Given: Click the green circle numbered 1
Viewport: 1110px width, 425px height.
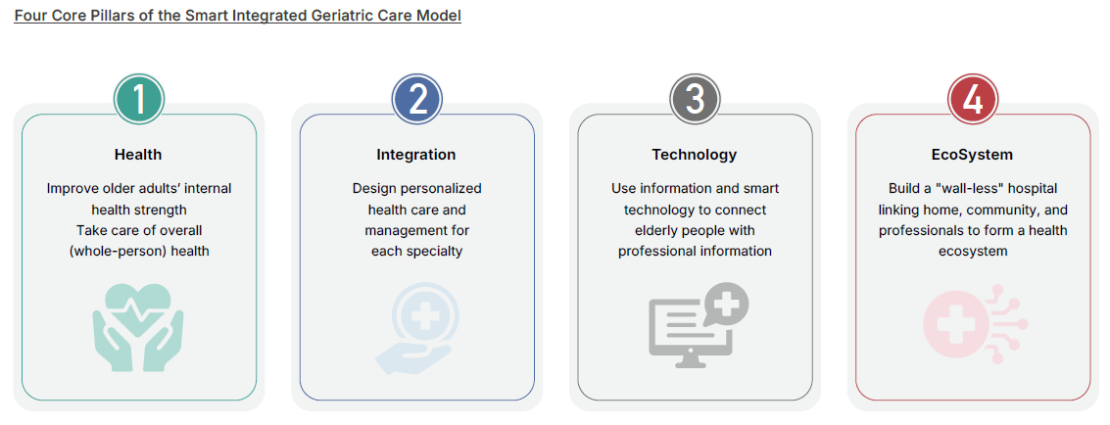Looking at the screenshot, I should (x=139, y=100).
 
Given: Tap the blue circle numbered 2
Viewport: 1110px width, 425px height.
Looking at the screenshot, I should (x=417, y=100).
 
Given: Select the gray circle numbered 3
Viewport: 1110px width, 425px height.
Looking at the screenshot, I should (x=695, y=100).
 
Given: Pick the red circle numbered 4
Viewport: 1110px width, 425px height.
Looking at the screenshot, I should (x=973, y=100).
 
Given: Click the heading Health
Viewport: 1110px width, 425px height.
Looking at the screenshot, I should (x=138, y=155).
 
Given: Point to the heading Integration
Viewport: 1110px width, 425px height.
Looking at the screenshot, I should (x=416, y=155).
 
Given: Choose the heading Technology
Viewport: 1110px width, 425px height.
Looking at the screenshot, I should (x=695, y=155).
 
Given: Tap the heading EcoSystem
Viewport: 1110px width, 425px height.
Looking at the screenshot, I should (x=972, y=155).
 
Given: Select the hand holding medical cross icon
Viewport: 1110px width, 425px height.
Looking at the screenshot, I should (x=416, y=327).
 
